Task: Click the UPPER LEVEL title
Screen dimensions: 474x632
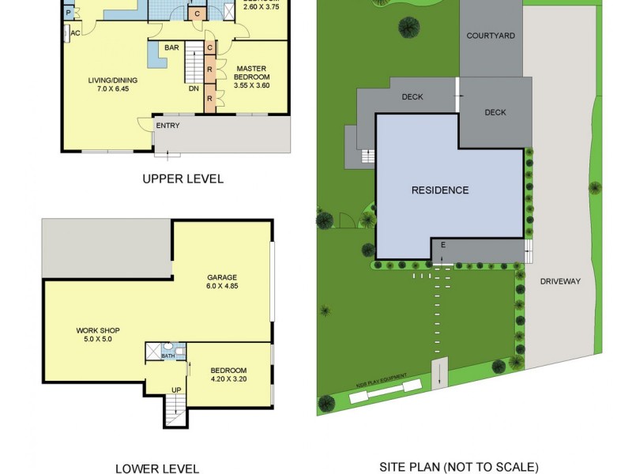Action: pos(182,179)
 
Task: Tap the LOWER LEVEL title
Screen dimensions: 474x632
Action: pos(157,468)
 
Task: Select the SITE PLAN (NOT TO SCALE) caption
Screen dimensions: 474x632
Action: pos(459,467)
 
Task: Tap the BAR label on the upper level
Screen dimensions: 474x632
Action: pos(171,48)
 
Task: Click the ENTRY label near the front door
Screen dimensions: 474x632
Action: pos(167,126)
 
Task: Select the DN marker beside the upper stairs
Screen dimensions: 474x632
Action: pos(194,88)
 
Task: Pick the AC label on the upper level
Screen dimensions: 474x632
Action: pos(76,32)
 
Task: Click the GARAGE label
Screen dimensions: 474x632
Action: pos(222,277)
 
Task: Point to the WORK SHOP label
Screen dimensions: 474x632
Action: pos(98,330)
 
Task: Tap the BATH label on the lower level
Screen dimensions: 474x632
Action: pos(168,356)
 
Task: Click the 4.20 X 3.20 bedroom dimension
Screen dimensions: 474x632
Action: pos(228,379)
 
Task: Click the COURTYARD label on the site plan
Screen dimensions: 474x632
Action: pos(491,36)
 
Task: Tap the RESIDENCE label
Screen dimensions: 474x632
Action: pos(440,190)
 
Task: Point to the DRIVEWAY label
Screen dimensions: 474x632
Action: pos(560,281)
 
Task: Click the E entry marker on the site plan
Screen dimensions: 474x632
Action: pos(443,245)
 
